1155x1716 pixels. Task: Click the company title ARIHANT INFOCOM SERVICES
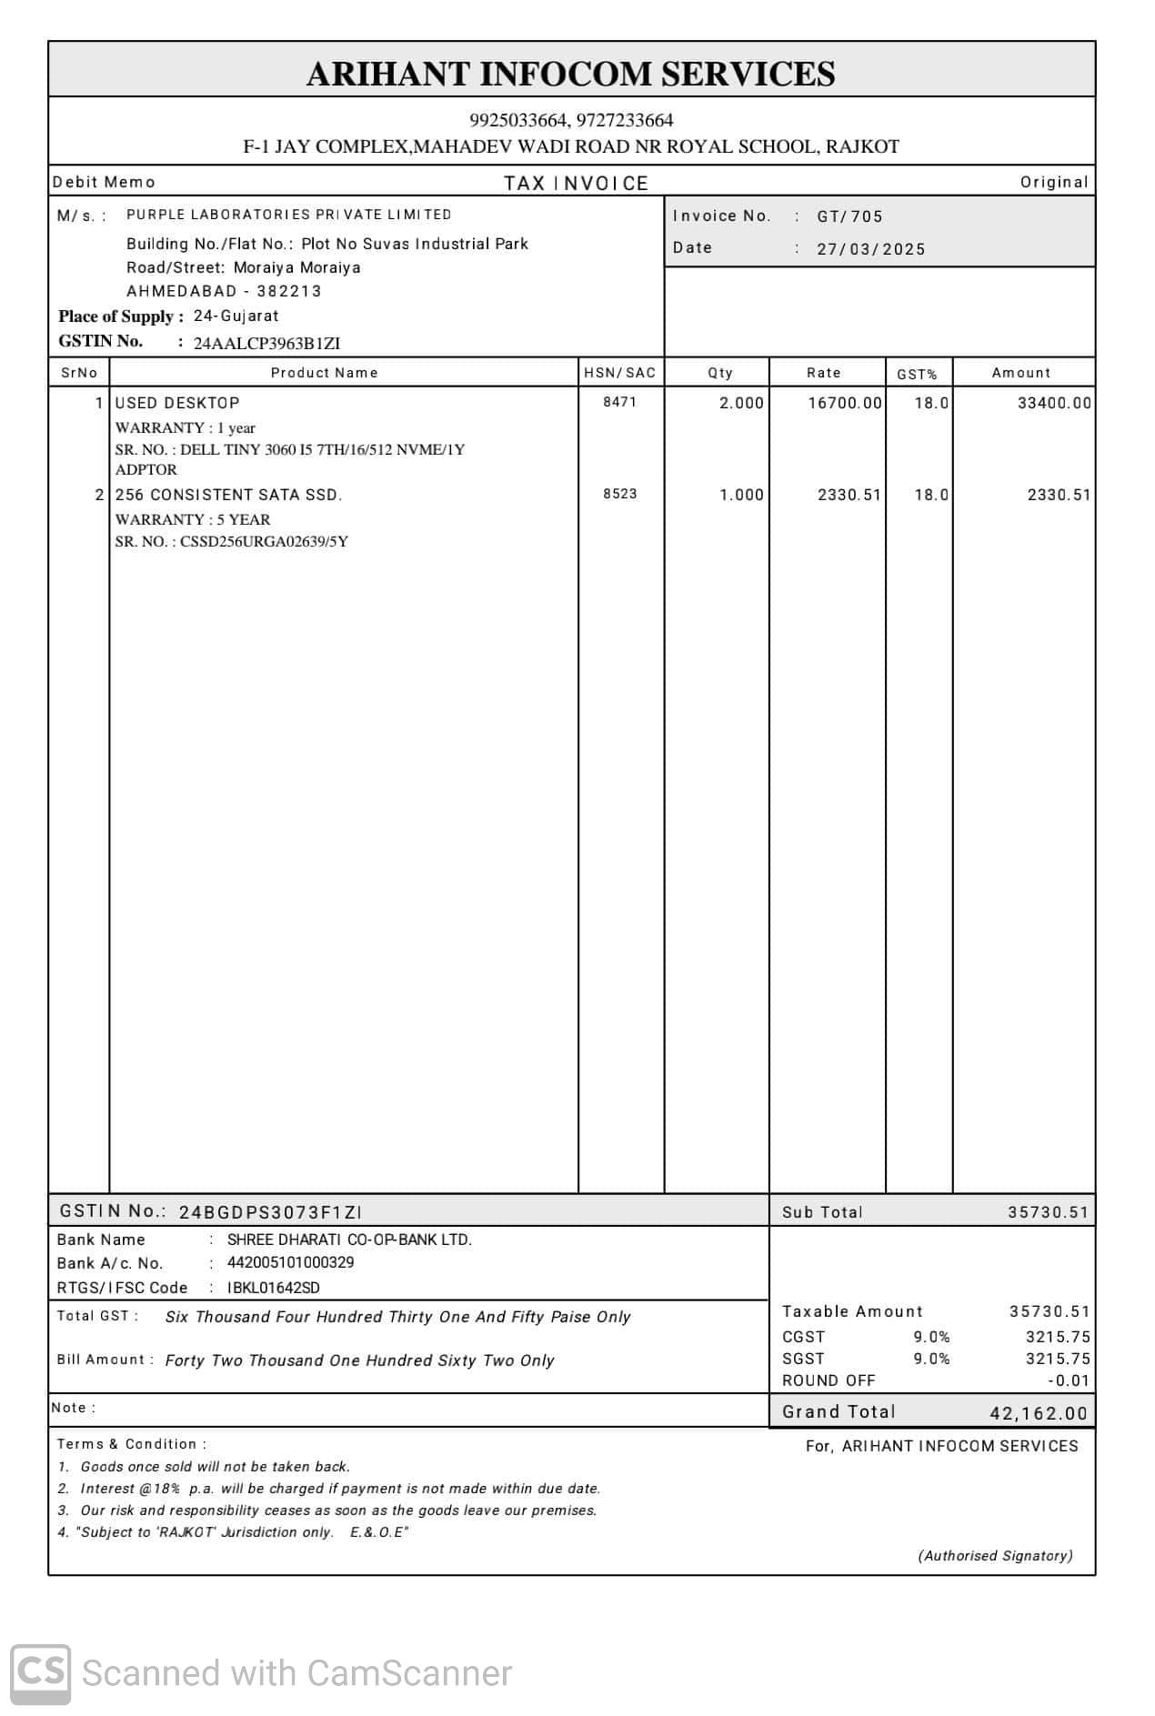(x=570, y=74)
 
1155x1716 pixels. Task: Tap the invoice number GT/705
(x=849, y=216)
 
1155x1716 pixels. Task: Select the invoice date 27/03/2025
(x=870, y=249)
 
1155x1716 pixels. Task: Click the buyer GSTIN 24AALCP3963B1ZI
(x=266, y=344)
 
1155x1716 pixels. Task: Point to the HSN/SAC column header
(x=619, y=373)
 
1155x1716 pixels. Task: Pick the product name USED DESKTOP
(x=177, y=403)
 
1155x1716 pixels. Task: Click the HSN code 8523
(x=619, y=494)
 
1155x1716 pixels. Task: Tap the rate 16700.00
(x=844, y=403)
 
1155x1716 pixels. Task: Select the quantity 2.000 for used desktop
(x=741, y=403)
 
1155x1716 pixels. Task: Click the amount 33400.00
(x=1053, y=403)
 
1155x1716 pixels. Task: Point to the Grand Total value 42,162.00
(x=1038, y=1413)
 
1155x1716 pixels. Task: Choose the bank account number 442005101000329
(x=290, y=1262)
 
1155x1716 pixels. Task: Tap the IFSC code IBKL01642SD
(x=273, y=1288)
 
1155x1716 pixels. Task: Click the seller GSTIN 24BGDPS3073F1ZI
(x=270, y=1212)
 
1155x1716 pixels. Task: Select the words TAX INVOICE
(x=576, y=184)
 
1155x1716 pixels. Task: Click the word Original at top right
(x=1053, y=182)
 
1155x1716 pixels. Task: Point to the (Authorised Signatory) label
(x=995, y=1556)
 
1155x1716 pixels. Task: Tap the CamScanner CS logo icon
(x=41, y=1674)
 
